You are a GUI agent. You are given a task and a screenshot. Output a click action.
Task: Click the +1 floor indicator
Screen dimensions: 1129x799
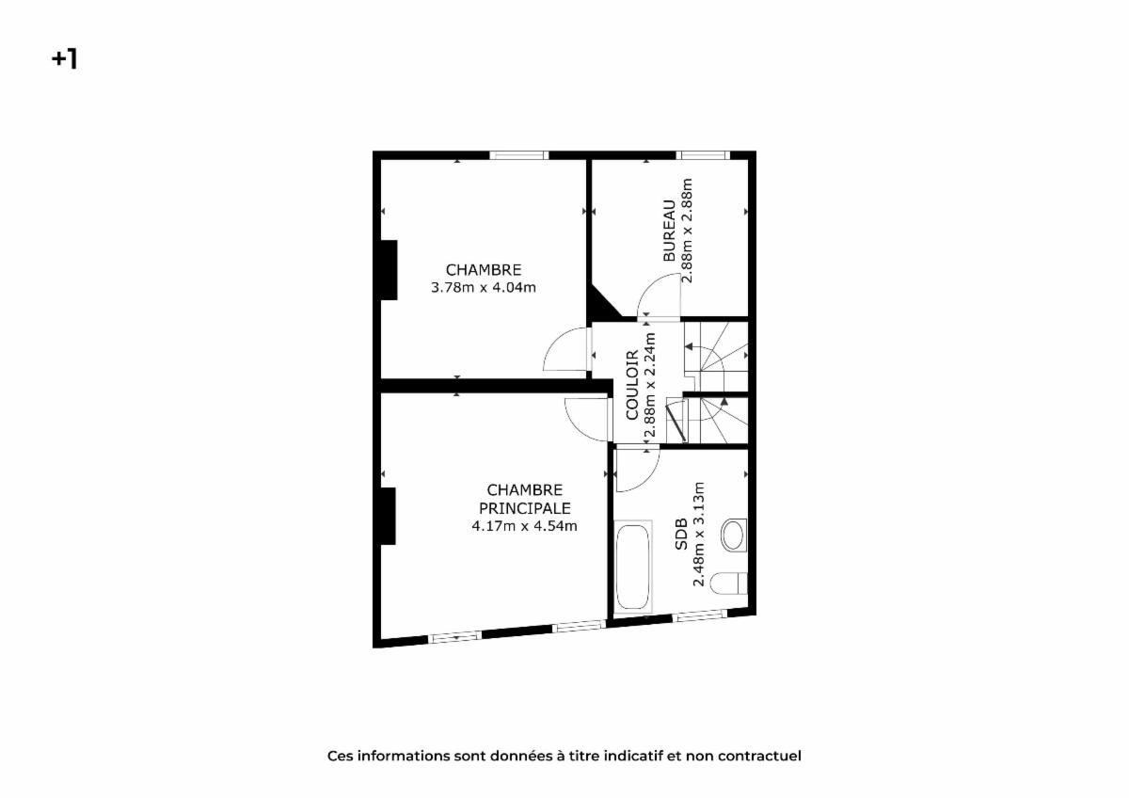[x=64, y=59]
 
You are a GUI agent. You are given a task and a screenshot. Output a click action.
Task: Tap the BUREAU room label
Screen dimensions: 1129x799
[x=669, y=231]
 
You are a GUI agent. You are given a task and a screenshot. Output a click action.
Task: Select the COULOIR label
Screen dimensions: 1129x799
[x=632, y=385]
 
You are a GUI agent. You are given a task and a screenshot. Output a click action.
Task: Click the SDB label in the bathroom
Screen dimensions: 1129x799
[x=681, y=534]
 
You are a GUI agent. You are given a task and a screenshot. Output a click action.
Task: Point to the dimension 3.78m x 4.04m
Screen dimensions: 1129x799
[x=484, y=288]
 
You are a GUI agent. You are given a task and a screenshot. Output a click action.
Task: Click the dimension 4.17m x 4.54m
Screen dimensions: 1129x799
[x=525, y=526]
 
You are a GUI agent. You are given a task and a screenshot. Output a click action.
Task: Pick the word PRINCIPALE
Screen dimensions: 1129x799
[x=525, y=508]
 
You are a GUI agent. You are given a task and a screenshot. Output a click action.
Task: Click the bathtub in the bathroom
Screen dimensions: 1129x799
[x=633, y=567]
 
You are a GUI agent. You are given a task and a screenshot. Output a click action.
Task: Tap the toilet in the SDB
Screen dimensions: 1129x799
[x=729, y=583]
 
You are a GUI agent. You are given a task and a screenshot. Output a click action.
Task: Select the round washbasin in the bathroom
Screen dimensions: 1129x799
[x=734, y=535]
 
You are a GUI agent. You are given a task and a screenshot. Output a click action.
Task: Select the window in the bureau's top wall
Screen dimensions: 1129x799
[x=703, y=155]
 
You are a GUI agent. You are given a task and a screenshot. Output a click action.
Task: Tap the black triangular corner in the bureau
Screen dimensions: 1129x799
[x=602, y=303]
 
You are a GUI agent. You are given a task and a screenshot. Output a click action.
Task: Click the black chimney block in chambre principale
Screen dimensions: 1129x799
[x=388, y=517]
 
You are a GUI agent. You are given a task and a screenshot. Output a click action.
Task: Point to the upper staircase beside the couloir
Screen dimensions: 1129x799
[x=716, y=356]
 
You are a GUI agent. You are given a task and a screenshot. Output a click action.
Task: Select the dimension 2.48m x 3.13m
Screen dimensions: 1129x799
[x=698, y=534]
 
